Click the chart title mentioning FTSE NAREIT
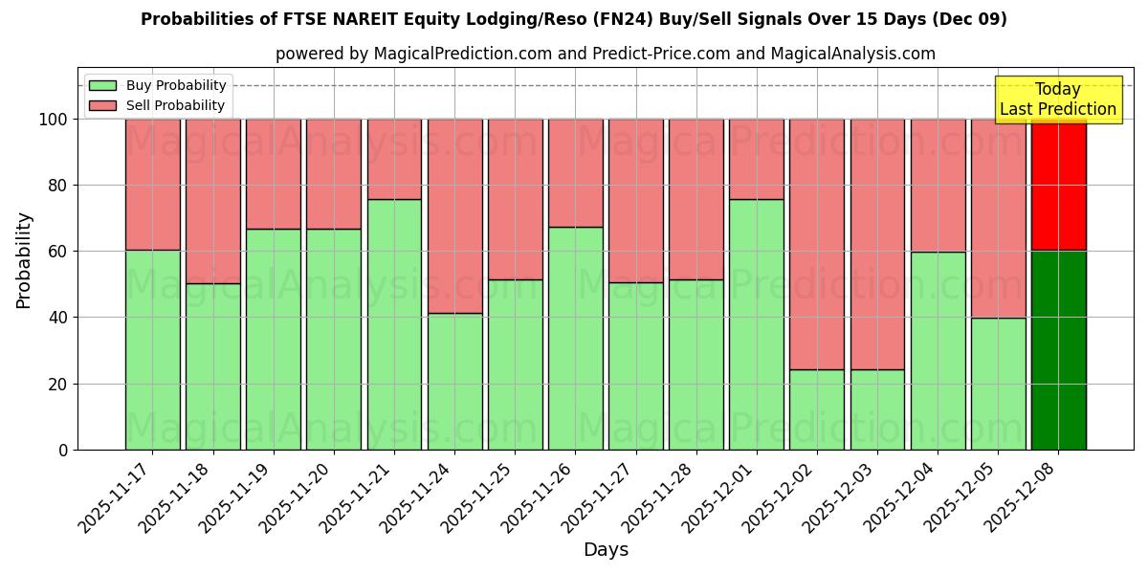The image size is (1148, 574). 573,19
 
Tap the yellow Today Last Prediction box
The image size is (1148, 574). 1057,99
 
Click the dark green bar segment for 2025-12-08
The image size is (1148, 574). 1058,350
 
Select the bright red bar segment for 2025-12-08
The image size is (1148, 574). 1058,185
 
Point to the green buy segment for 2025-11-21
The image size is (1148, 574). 394,324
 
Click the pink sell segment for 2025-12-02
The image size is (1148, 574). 817,244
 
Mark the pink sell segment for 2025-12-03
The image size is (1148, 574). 877,244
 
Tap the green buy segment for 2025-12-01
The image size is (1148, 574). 757,324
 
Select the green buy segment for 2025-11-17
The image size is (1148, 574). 152,349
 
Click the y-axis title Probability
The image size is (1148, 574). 24,259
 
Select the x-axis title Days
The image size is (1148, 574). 606,550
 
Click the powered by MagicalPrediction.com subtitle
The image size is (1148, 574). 606,54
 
